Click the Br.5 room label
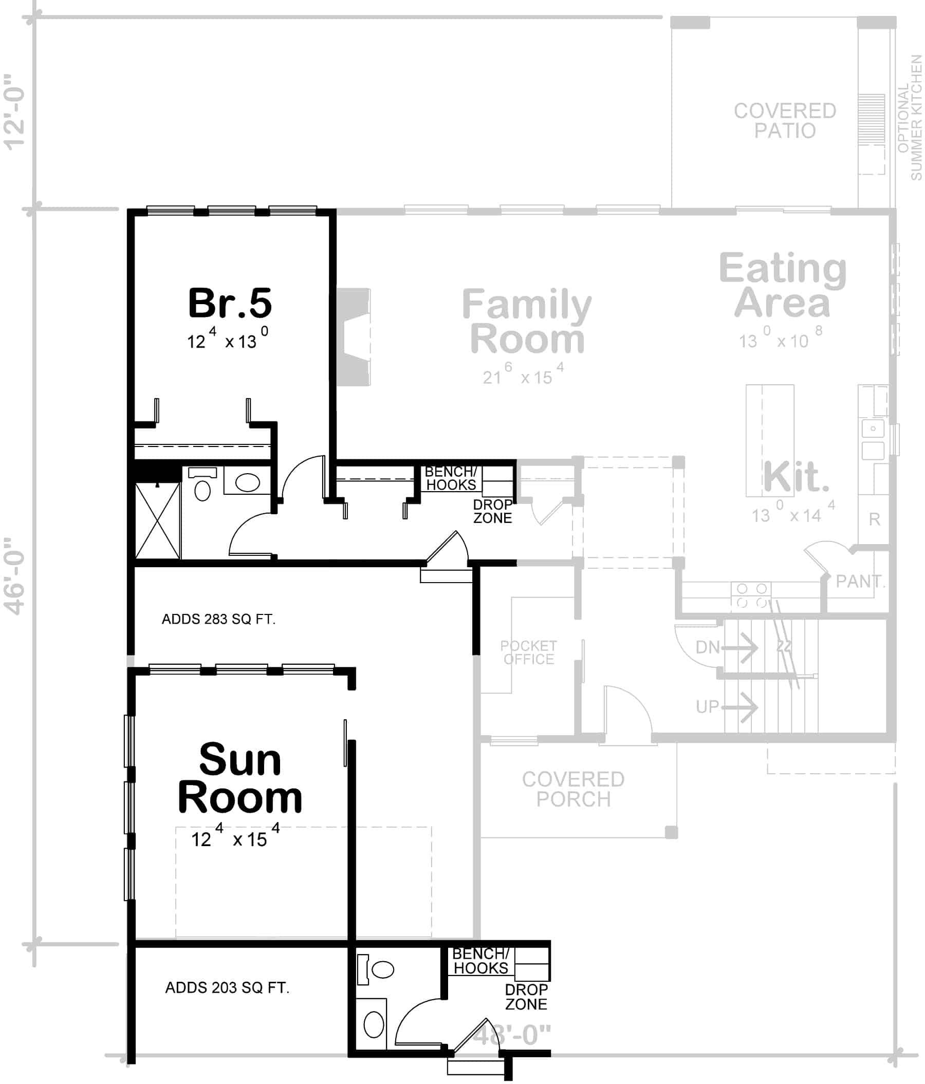coord(230,303)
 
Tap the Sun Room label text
coord(239,778)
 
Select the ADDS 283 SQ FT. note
coord(218,620)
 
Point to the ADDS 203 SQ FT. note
coord(227,988)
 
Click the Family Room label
coord(526,322)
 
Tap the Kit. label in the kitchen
coord(796,477)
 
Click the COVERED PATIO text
coord(784,121)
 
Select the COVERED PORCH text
coord(573,790)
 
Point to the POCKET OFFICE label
coord(528,652)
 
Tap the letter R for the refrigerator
coord(874,519)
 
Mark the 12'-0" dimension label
coord(15,112)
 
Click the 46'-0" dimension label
coord(15,575)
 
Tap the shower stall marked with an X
coord(157,520)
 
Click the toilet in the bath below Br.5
coord(202,490)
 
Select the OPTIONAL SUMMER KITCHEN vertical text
coord(909,118)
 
